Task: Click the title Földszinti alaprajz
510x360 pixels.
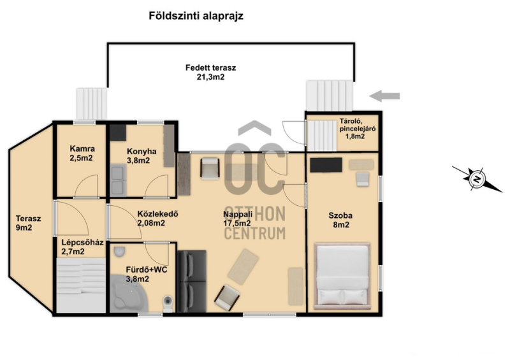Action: [196, 17]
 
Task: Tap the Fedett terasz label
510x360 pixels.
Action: [210, 72]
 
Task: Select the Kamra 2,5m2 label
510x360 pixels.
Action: [82, 154]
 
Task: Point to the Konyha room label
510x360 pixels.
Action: [142, 155]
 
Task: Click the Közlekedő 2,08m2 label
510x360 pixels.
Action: [157, 219]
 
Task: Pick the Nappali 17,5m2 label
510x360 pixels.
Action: [237, 219]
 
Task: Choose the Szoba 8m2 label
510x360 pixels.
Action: [340, 220]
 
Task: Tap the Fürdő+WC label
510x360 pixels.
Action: [147, 274]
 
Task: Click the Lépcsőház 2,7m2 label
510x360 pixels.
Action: [83, 247]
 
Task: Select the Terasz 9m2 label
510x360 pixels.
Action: [28, 223]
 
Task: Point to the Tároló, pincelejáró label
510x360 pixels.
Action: [358, 129]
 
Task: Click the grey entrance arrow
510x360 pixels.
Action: [384, 96]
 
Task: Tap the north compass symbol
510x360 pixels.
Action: [477, 178]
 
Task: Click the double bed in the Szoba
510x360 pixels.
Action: [342, 276]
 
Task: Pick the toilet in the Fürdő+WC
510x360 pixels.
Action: [168, 304]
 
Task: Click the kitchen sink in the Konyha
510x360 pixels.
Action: [118, 180]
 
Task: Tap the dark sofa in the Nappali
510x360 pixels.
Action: [192, 281]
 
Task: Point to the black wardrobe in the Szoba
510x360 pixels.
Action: [326, 165]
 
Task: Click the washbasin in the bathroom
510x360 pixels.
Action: [119, 252]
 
